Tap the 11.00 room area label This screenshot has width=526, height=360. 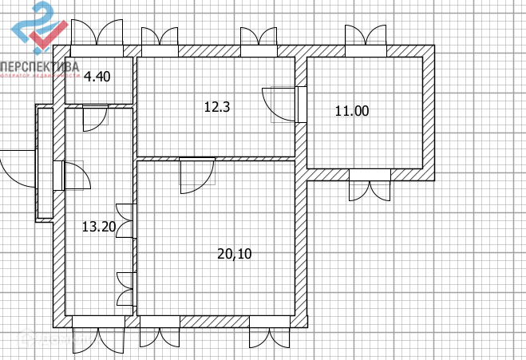[351, 112]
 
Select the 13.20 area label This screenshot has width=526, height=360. [99, 227]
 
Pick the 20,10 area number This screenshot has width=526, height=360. [235, 254]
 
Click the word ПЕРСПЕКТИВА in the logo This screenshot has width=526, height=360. [40, 67]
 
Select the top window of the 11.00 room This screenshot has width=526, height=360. [366, 49]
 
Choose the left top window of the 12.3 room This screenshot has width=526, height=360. [160, 50]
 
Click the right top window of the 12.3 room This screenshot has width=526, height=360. [259, 50]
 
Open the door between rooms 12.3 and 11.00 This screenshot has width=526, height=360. [300, 104]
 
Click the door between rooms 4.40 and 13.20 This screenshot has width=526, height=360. [95, 107]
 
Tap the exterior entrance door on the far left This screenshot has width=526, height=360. [32, 167]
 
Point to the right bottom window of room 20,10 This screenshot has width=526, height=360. [267, 322]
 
